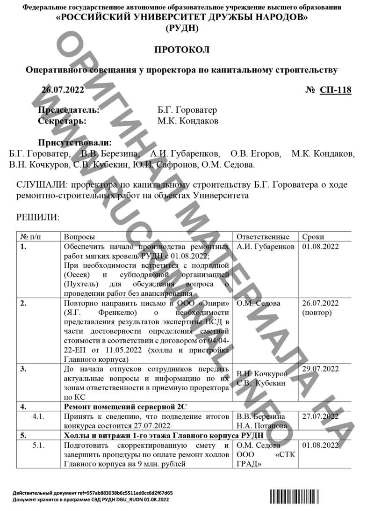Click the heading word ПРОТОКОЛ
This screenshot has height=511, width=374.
tap(182, 50)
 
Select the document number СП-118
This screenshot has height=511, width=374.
tap(335, 90)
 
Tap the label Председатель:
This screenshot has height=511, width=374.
tap(68, 110)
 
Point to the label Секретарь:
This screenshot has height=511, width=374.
tap(62, 121)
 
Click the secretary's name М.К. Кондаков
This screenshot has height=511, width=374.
tap(188, 121)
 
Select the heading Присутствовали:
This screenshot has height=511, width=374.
tap(75, 142)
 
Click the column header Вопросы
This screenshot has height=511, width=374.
tap(79, 237)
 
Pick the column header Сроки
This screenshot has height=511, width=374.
tap(313, 237)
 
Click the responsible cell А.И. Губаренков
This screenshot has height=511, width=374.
tap(266, 247)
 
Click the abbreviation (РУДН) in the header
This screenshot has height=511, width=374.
tap(182, 28)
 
